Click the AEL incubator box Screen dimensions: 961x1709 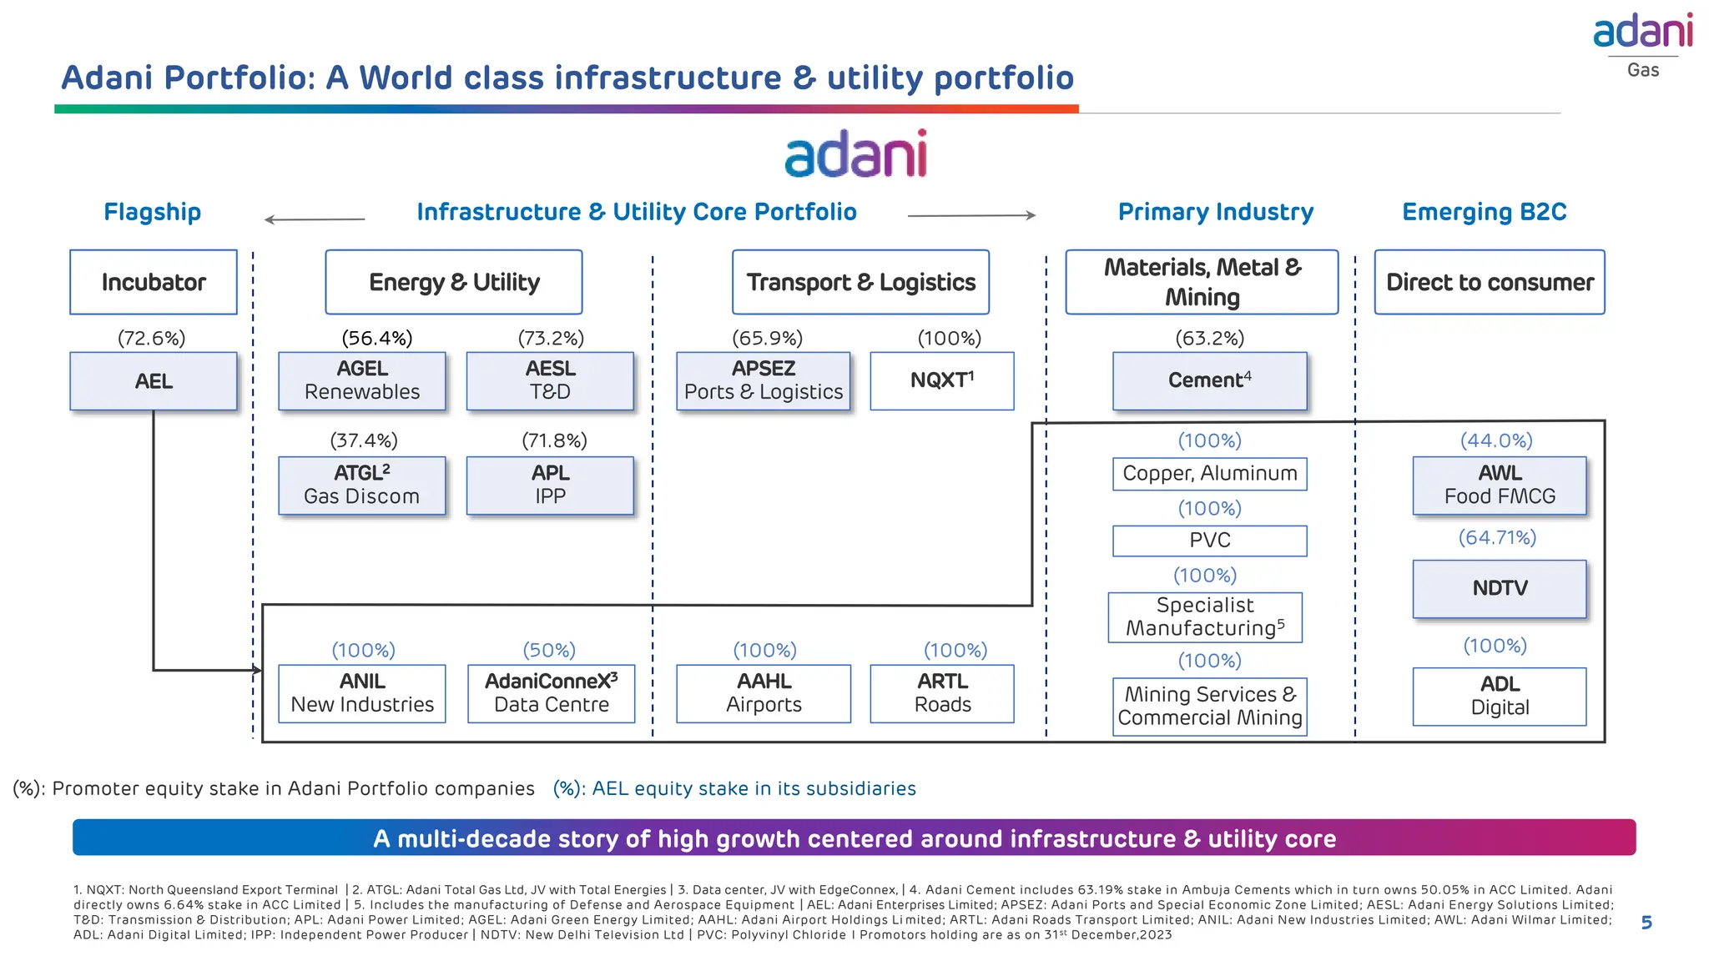[x=154, y=381]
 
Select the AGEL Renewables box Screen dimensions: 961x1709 [x=362, y=380]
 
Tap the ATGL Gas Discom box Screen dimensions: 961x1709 [x=362, y=485]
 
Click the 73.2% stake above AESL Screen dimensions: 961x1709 [x=551, y=338]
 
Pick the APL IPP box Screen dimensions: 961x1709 [x=550, y=485]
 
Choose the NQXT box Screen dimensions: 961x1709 [x=941, y=380]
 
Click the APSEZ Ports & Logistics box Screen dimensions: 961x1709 [x=764, y=380]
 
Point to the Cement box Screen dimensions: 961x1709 [x=1209, y=380]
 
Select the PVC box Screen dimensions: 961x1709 [x=1209, y=541]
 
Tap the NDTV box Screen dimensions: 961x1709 [x=1500, y=588]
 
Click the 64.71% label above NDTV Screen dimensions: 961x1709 [x=1497, y=537]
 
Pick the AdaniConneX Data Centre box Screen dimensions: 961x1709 [x=551, y=693]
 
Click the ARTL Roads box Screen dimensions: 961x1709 [x=942, y=693]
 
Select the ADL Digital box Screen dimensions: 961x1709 [x=1500, y=696]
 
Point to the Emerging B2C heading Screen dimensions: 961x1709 [x=1484, y=212]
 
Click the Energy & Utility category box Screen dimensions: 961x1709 [x=454, y=282]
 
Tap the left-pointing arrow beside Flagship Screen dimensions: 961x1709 [x=314, y=219]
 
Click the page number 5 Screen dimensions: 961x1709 [x=1646, y=923]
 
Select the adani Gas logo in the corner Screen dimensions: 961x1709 [x=1642, y=44]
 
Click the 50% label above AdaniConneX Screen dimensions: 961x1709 [x=549, y=650]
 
